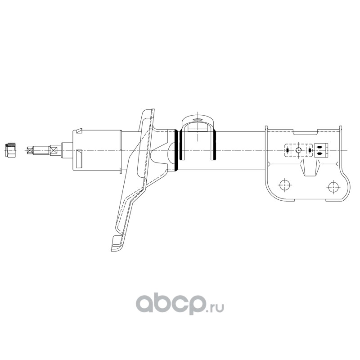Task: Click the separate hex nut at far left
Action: click(10, 150)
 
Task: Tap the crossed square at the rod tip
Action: click(30, 150)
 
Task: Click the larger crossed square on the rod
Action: click(53, 150)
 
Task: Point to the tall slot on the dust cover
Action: click(79, 159)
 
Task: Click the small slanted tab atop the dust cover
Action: click(79, 130)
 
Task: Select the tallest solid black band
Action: click(176, 150)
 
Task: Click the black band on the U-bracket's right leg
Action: click(215, 144)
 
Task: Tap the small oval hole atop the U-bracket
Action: click(197, 120)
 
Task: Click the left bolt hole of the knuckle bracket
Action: click(285, 184)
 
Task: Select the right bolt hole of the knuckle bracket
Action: click(333, 187)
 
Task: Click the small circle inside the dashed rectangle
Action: click(298, 150)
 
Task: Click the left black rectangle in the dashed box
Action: click(287, 150)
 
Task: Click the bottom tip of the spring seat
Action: click(112, 250)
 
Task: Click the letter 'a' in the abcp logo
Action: click(145, 303)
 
